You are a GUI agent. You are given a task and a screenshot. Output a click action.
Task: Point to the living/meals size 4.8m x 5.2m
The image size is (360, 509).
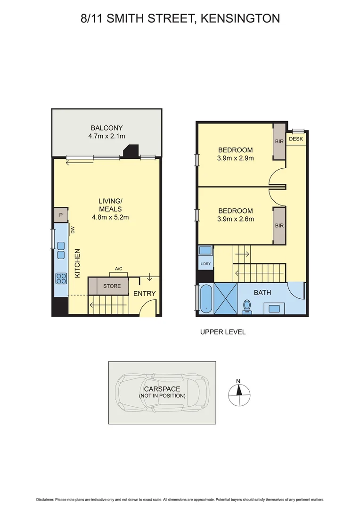pyautogui.click(x=110, y=217)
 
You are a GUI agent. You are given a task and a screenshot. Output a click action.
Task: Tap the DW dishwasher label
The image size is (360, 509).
pyautogui.click(x=73, y=230)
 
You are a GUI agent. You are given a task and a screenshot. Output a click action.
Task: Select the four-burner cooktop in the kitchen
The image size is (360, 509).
pyautogui.click(x=61, y=278)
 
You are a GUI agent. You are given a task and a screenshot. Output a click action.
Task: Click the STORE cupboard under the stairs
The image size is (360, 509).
pyautogui.click(x=112, y=286)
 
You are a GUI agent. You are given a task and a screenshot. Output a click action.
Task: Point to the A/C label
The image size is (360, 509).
pyautogui.click(x=118, y=269)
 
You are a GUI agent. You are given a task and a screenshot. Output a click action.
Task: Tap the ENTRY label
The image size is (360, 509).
pyautogui.click(x=144, y=294)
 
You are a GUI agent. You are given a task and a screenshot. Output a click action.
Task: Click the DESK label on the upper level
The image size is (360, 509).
pyautogui.click(x=296, y=139)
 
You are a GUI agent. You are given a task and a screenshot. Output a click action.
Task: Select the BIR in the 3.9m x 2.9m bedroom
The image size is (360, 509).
pyautogui.click(x=279, y=141)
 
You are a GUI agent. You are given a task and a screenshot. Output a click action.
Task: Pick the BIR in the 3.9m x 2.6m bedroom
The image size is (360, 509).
pyautogui.click(x=279, y=226)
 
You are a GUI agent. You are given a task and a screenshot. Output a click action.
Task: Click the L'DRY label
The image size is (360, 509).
pyautogui.click(x=205, y=263)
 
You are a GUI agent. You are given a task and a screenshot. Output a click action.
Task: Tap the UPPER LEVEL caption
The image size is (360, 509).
pyautogui.click(x=222, y=332)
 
